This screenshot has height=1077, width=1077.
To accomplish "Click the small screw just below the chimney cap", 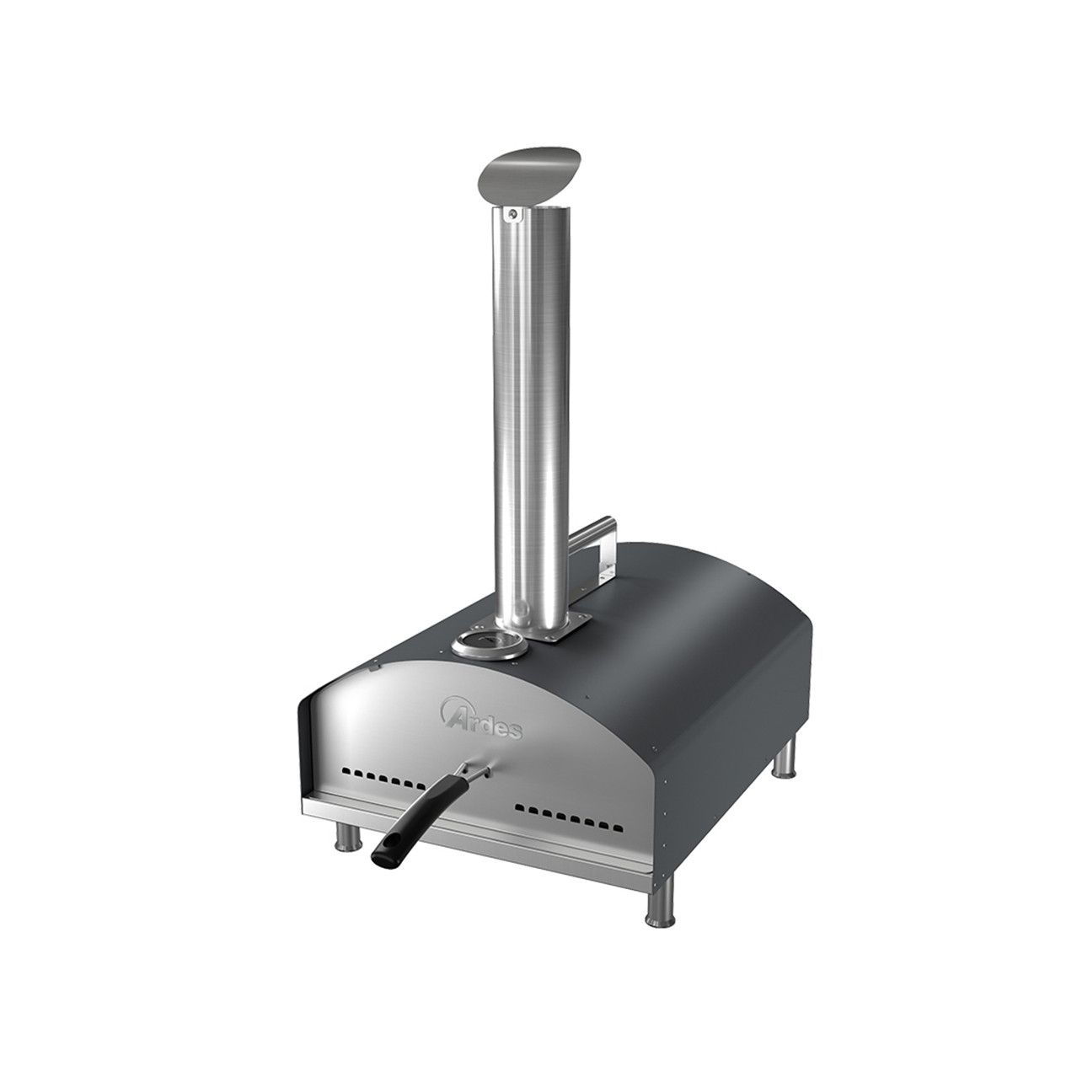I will (x=510, y=216).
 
